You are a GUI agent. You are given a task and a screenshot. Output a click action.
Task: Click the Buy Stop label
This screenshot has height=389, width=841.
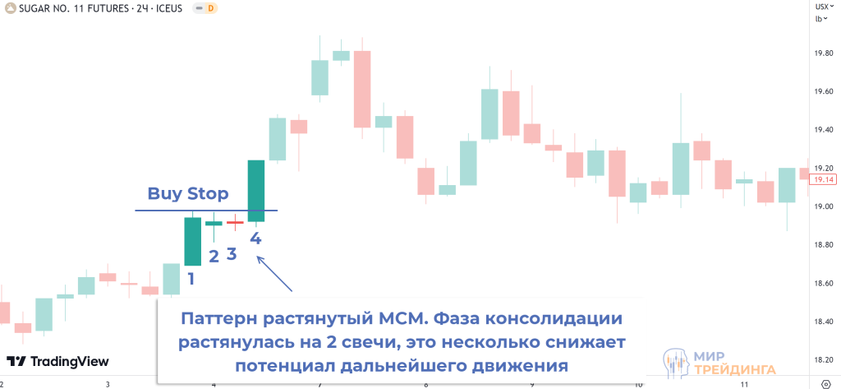click(x=188, y=194)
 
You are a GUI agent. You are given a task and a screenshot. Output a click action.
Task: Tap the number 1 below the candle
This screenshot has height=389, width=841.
click(x=191, y=279)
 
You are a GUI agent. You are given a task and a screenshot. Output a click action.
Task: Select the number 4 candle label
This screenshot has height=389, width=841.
click(x=256, y=238)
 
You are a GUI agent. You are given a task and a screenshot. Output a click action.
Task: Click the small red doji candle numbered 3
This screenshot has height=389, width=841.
click(x=234, y=221)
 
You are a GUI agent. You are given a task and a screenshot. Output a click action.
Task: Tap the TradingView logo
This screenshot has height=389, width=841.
click(x=58, y=361)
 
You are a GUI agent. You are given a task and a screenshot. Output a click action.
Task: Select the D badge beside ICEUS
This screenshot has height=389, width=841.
click(x=211, y=8)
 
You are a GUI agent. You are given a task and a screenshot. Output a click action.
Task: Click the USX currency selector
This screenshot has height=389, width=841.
click(x=820, y=7)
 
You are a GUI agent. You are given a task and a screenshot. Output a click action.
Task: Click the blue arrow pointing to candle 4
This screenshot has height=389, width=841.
click(x=274, y=274)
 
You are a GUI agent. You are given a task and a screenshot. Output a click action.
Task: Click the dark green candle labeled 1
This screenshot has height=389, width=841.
click(x=192, y=241)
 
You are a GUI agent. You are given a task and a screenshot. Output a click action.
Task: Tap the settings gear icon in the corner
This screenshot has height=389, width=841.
click(x=833, y=384)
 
